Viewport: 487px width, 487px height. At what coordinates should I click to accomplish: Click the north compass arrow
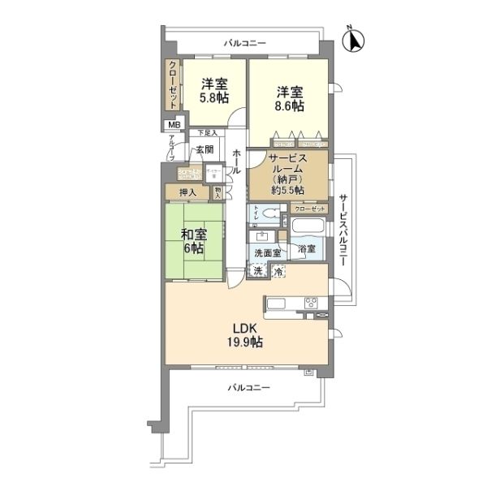click(x=356, y=40)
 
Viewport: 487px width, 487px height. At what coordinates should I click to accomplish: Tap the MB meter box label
click(x=172, y=125)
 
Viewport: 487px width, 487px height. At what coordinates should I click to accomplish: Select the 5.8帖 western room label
click(x=215, y=89)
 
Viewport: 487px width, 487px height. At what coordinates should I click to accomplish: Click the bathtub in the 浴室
click(x=308, y=226)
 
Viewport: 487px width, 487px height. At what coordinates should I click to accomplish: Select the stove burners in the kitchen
click(x=313, y=304)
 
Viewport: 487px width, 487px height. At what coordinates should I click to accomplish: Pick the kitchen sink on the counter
click(x=276, y=305)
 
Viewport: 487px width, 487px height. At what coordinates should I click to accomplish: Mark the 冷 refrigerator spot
click(x=278, y=271)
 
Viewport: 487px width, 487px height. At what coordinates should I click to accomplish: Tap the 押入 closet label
click(x=187, y=192)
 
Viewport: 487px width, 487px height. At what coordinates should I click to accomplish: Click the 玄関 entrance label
click(x=204, y=150)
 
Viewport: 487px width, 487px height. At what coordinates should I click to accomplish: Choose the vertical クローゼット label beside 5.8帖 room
click(x=173, y=85)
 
